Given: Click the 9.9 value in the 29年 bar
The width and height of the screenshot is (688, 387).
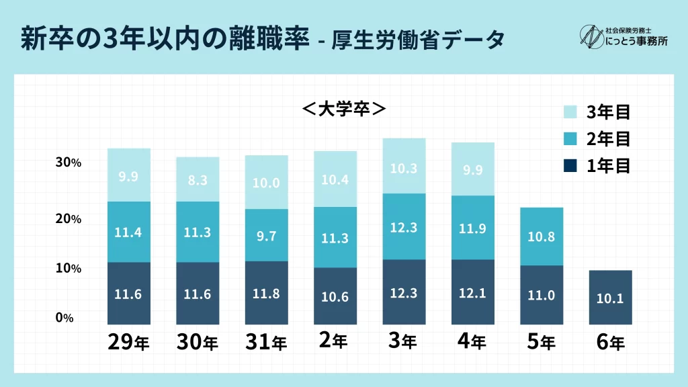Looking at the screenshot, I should pos(128,176).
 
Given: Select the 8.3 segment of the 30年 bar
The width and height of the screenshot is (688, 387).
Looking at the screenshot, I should pos(198,179).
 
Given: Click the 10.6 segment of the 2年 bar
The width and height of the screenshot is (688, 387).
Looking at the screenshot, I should pos(335,296).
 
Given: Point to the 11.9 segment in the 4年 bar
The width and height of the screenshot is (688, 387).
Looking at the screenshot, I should pos(473,227).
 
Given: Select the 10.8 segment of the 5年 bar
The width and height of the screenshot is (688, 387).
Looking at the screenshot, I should pos(542,236).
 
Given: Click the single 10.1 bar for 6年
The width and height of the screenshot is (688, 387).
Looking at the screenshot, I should pos(610,298).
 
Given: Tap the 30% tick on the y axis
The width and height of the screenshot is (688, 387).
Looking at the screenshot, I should pos(68,163).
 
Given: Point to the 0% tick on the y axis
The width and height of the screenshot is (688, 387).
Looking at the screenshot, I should pos(64,317).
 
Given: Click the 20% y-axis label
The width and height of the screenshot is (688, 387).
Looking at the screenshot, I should pos(68,219).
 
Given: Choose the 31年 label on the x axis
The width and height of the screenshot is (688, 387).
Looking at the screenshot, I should pos(267,342).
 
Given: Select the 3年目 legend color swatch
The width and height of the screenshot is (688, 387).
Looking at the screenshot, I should pos(570,112).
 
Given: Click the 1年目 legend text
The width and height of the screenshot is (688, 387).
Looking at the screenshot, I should pos(608,166).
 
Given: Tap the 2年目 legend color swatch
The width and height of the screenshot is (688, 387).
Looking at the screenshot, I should pos(570,139).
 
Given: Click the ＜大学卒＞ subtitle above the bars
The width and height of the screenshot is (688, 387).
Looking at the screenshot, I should pos(343,109).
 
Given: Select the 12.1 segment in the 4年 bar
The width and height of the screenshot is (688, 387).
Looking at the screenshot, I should pos(473,293).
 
